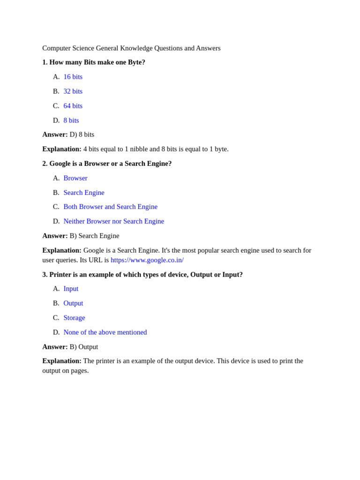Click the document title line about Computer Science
coord(131,48)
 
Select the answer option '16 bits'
coord(73,77)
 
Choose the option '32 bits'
coord(73,91)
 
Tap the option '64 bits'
coord(73,106)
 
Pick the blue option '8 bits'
coord(71,120)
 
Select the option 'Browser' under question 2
coord(75,178)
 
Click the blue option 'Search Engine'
coord(84,193)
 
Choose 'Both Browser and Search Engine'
coord(110,207)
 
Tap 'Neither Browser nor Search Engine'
coord(113,221)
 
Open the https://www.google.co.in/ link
coord(147,260)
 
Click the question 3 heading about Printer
coord(142,275)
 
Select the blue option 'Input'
coord(71,289)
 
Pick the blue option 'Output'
coord(73,303)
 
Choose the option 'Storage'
coord(74,318)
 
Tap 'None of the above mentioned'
coord(105,332)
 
